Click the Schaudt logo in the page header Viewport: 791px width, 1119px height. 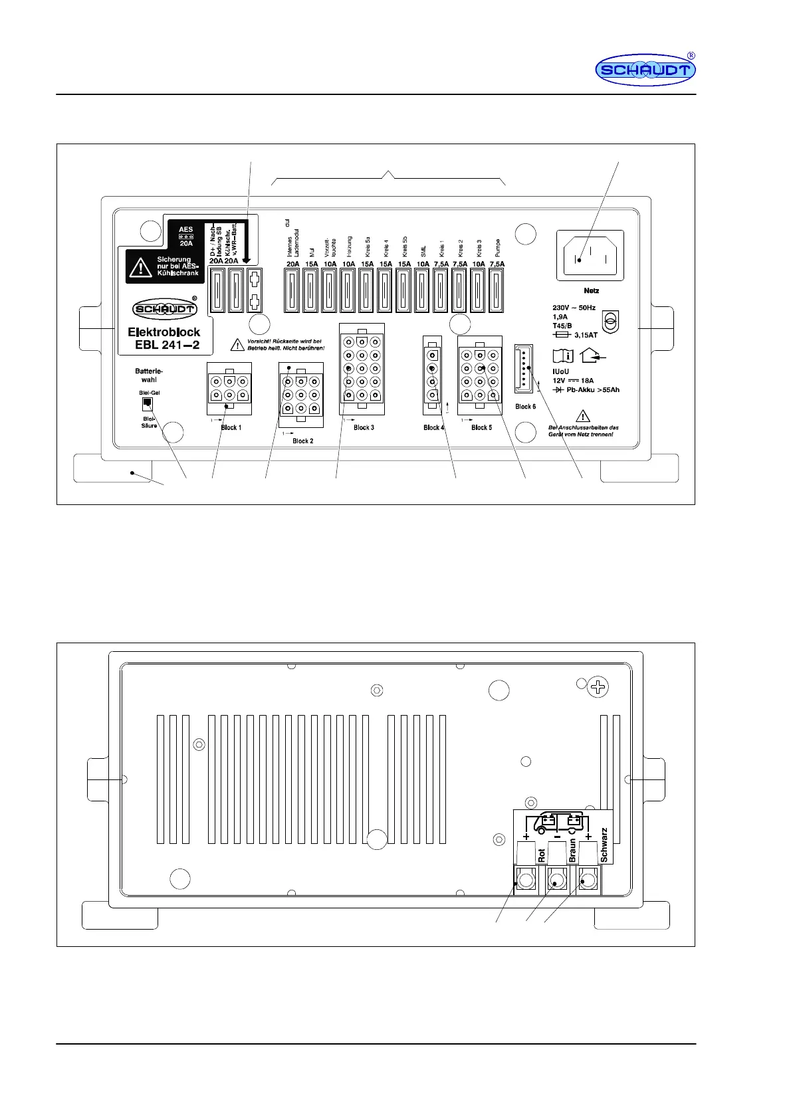pos(645,70)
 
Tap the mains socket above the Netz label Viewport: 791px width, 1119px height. pos(590,254)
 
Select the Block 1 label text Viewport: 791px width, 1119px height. pos(231,427)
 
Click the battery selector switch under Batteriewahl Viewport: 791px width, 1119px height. pos(148,405)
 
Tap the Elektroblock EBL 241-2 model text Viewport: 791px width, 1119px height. pos(164,338)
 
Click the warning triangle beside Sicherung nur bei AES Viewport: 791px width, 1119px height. pos(140,267)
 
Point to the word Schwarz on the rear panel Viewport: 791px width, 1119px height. pos(604,845)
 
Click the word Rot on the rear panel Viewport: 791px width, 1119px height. pos(542,855)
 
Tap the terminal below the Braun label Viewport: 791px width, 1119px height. pos(557,881)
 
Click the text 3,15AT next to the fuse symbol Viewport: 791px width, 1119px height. pos(585,335)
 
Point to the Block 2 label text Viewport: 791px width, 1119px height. pos(302,441)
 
